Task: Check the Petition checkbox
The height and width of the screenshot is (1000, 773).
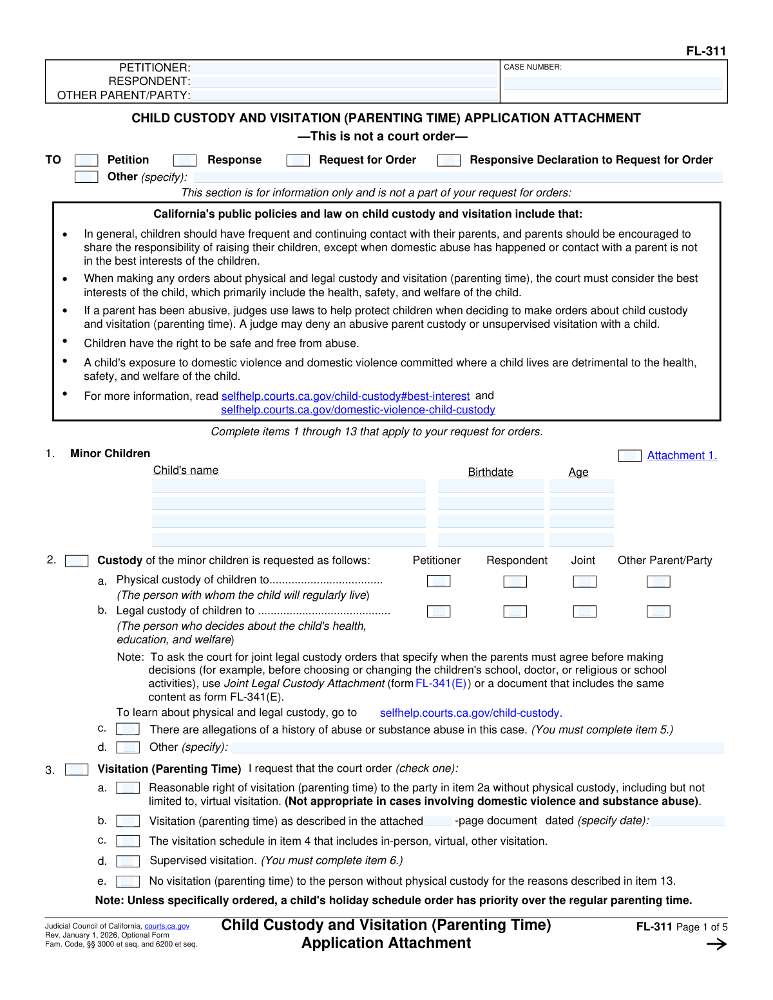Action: (86, 160)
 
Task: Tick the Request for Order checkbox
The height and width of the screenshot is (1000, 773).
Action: (298, 160)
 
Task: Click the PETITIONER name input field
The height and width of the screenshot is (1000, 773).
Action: (345, 68)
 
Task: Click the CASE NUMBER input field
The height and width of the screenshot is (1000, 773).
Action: (613, 84)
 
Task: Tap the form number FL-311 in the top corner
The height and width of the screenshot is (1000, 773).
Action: (706, 51)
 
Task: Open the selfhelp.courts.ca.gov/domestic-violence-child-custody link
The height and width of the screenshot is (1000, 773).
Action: (358, 410)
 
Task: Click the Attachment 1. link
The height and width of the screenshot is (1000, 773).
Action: (682, 455)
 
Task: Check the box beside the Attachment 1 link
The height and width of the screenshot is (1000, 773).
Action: (629, 456)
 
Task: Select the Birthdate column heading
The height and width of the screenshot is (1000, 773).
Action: (490, 472)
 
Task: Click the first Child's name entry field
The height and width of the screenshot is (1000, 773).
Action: (289, 486)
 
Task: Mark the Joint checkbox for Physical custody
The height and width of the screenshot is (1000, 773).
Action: (584, 581)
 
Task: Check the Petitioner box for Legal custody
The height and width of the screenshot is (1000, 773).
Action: (439, 611)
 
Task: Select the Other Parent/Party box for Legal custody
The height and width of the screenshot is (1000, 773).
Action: (658, 611)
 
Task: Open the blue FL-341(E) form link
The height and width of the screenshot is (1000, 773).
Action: (441, 683)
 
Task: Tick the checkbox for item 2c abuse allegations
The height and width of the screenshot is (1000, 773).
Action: (128, 729)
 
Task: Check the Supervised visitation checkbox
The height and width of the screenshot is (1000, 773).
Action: (128, 861)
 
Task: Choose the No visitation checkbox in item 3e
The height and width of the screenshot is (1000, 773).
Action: (128, 882)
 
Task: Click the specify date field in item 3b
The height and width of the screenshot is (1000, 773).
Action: (687, 821)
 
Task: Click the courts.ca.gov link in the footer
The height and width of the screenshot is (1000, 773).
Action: (167, 926)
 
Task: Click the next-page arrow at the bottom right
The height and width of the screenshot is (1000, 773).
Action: (716, 945)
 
